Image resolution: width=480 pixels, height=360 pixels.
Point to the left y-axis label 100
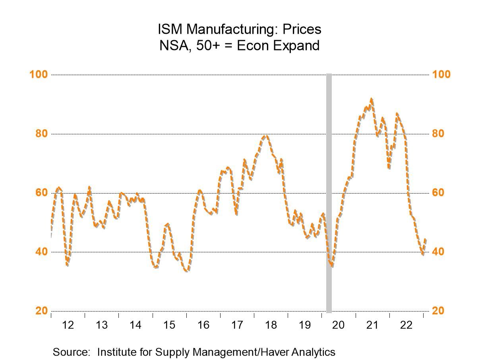(39, 75)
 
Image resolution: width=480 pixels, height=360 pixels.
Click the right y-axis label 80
(438, 134)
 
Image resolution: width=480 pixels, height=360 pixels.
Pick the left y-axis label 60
(41, 193)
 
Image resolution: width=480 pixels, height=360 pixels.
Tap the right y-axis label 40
(438, 252)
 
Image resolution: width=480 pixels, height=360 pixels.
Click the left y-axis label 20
(41, 311)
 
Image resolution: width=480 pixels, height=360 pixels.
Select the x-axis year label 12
(68, 325)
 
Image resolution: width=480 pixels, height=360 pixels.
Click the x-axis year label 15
(169, 325)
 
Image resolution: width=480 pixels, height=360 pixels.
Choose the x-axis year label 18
(271, 325)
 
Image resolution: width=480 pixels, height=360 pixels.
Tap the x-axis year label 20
(338, 325)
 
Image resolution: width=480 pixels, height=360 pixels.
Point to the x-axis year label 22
(406, 325)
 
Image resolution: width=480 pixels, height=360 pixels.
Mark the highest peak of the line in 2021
(371, 99)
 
